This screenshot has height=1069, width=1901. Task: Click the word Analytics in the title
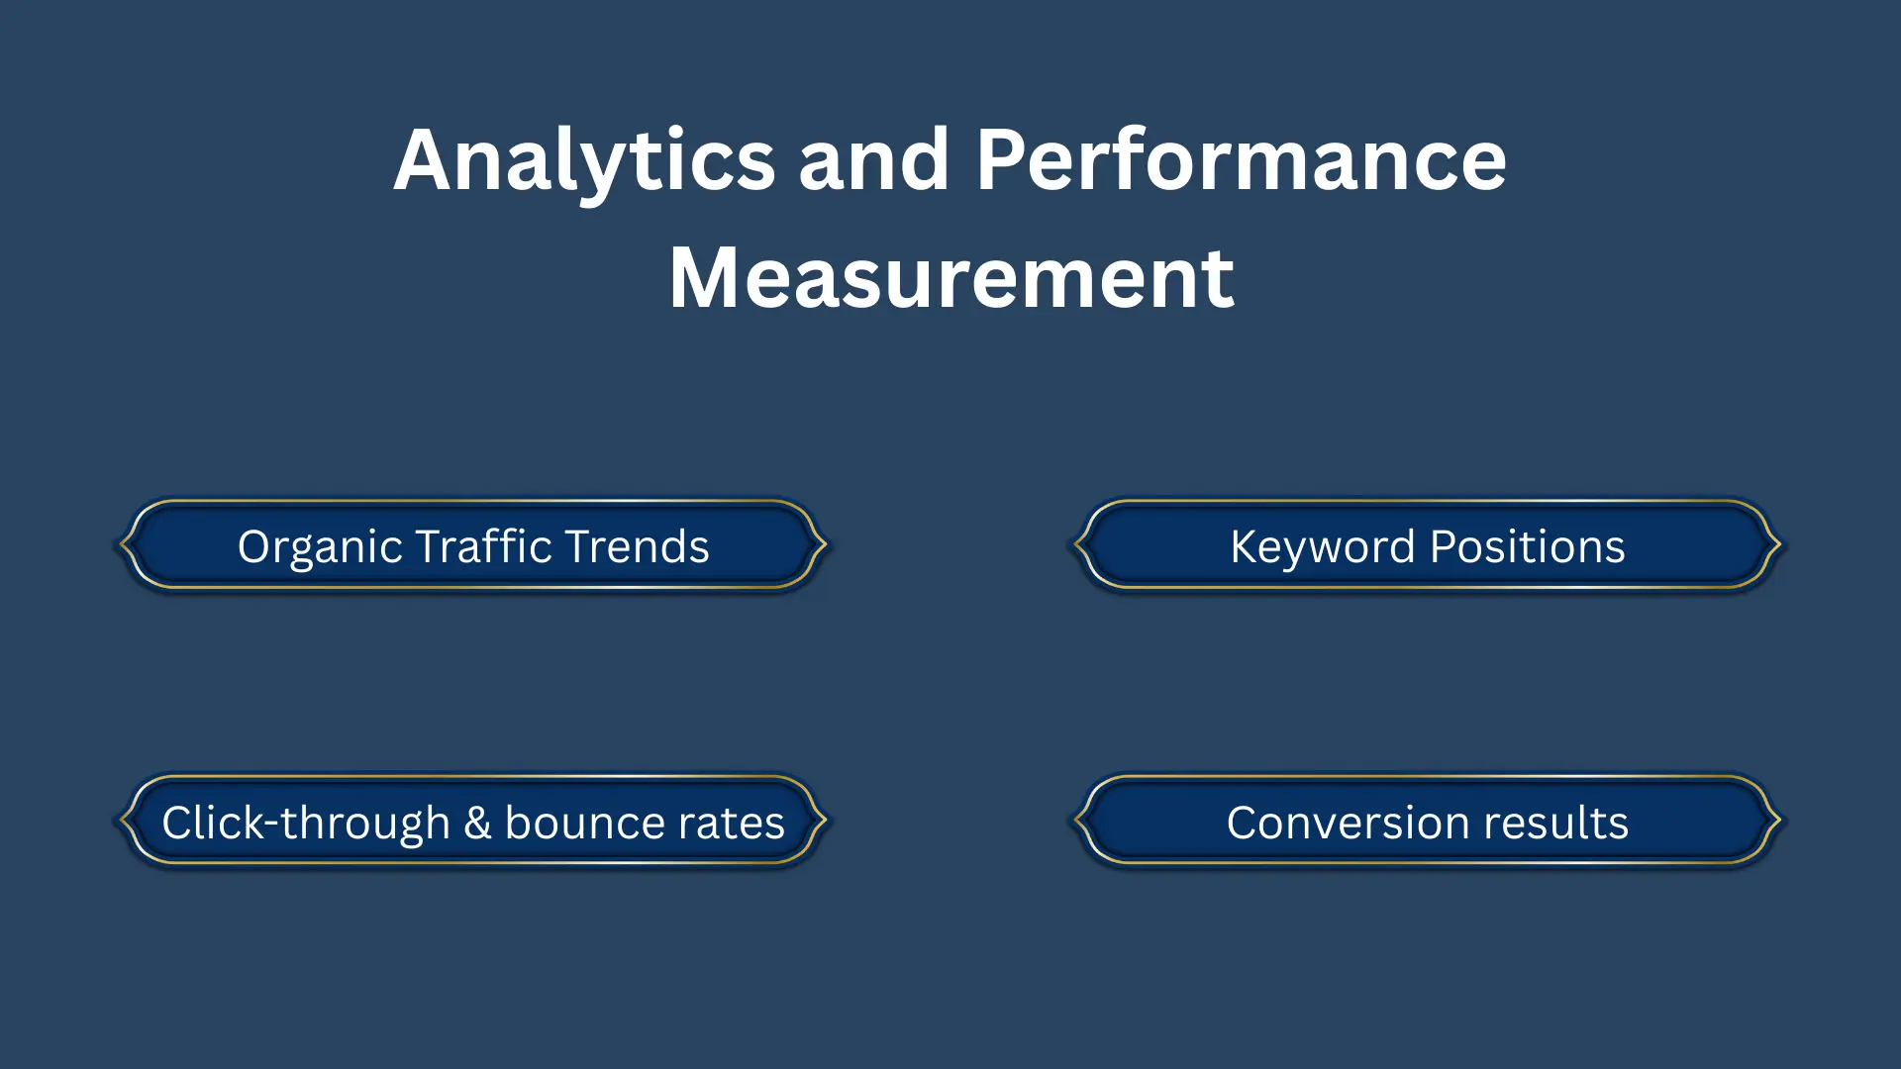coord(584,161)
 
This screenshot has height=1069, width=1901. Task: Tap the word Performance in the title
coord(1241,161)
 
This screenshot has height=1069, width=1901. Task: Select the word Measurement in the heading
coord(950,279)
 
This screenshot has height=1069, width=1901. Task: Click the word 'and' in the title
coord(874,161)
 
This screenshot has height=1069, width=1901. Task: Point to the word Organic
coord(320,547)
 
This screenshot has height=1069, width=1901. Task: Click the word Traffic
coord(483,546)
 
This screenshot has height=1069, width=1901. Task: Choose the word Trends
coord(638,546)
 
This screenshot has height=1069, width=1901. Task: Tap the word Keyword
coord(1323,547)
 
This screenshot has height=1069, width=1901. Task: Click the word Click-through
coord(306,824)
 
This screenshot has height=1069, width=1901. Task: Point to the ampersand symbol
coord(477,824)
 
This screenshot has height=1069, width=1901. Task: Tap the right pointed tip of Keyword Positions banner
coord(1779,543)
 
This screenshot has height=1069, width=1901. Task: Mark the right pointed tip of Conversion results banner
coord(1779,820)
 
